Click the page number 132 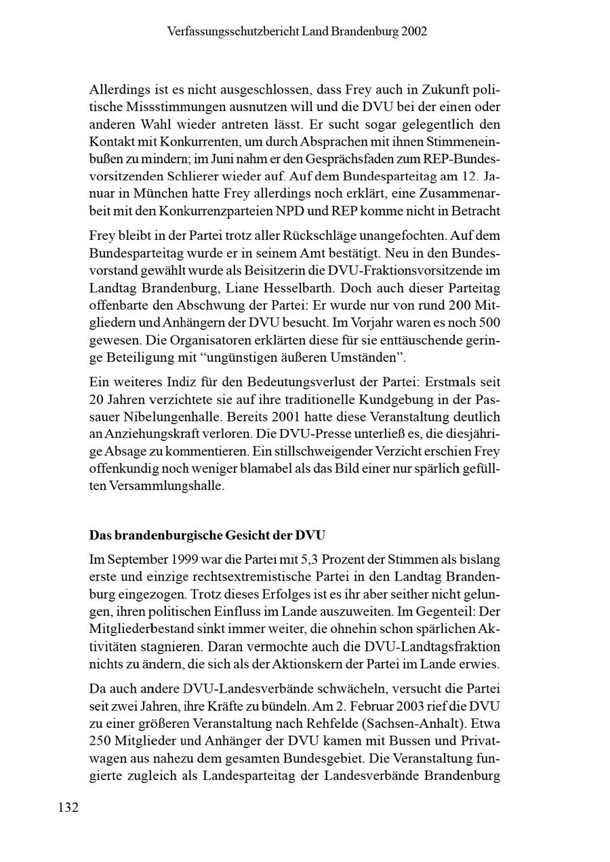(x=68, y=807)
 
